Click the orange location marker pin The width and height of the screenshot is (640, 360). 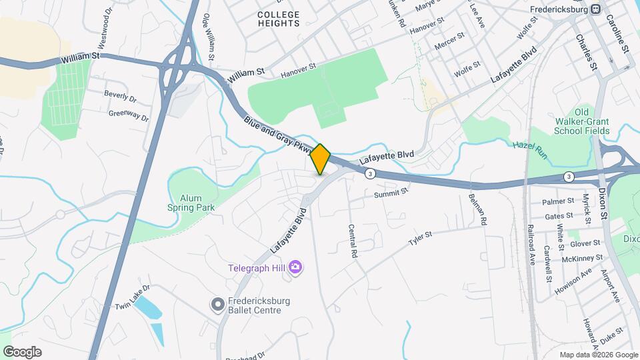[321, 159]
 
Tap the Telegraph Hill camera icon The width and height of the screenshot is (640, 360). [296, 267]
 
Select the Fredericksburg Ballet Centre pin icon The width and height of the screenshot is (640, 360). [217, 305]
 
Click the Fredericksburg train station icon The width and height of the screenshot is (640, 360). [595, 10]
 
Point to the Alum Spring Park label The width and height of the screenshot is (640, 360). [190, 202]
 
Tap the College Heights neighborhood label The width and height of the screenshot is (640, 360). [279, 19]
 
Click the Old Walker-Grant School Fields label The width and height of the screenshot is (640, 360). [582, 121]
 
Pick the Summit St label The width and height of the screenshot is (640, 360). [390, 193]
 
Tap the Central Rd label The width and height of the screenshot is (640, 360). [353, 241]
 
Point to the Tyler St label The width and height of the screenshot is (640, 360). [420, 235]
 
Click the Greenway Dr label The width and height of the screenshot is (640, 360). [129, 115]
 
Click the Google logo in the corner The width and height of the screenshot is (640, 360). [22, 352]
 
